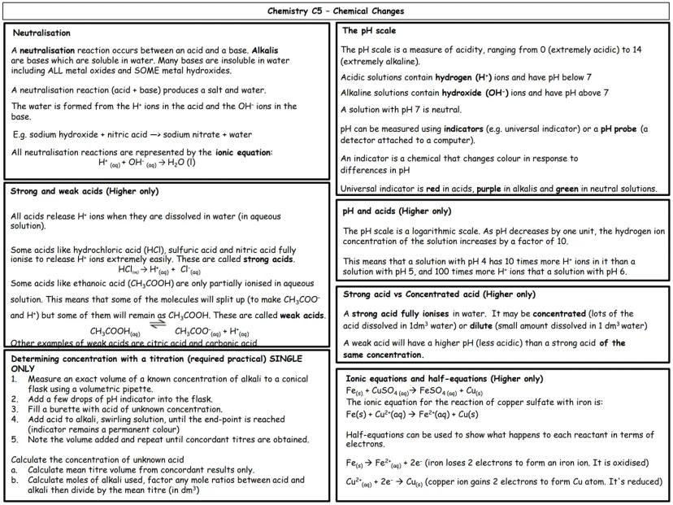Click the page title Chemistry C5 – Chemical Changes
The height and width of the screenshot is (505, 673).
pyautogui.click(x=336, y=11)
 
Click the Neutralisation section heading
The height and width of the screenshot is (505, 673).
pyautogui.click(x=41, y=33)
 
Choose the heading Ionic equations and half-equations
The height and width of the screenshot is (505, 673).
pyautogui.click(x=444, y=378)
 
